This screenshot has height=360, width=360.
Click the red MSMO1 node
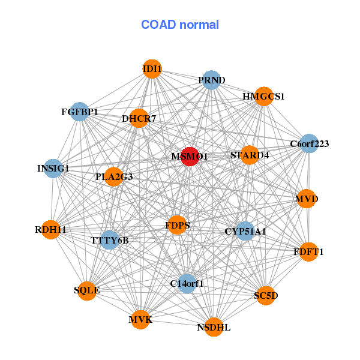(190, 156)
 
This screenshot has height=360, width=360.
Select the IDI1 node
(152, 69)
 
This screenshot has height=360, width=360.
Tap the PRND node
(211, 80)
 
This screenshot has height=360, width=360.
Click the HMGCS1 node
(263, 96)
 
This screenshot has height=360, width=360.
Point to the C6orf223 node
(308, 143)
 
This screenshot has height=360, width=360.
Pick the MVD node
(306, 199)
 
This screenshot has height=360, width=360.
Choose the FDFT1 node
(308, 251)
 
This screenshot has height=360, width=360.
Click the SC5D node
(266, 295)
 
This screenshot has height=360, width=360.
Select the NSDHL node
(214, 327)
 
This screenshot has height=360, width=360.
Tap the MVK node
(140, 319)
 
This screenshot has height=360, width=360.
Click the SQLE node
(87, 290)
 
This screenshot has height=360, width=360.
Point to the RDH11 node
(51, 229)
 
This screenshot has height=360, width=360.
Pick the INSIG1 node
(53, 168)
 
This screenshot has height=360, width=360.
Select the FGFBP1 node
(80, 112)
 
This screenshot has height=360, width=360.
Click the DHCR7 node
(139, 118)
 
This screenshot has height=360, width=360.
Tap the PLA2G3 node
(114, 177)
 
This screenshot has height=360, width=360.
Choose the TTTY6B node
(110, 240)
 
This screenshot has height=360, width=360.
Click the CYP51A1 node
(245, 230)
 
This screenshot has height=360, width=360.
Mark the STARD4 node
(250, 155)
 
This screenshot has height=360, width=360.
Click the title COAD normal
(180, 25)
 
